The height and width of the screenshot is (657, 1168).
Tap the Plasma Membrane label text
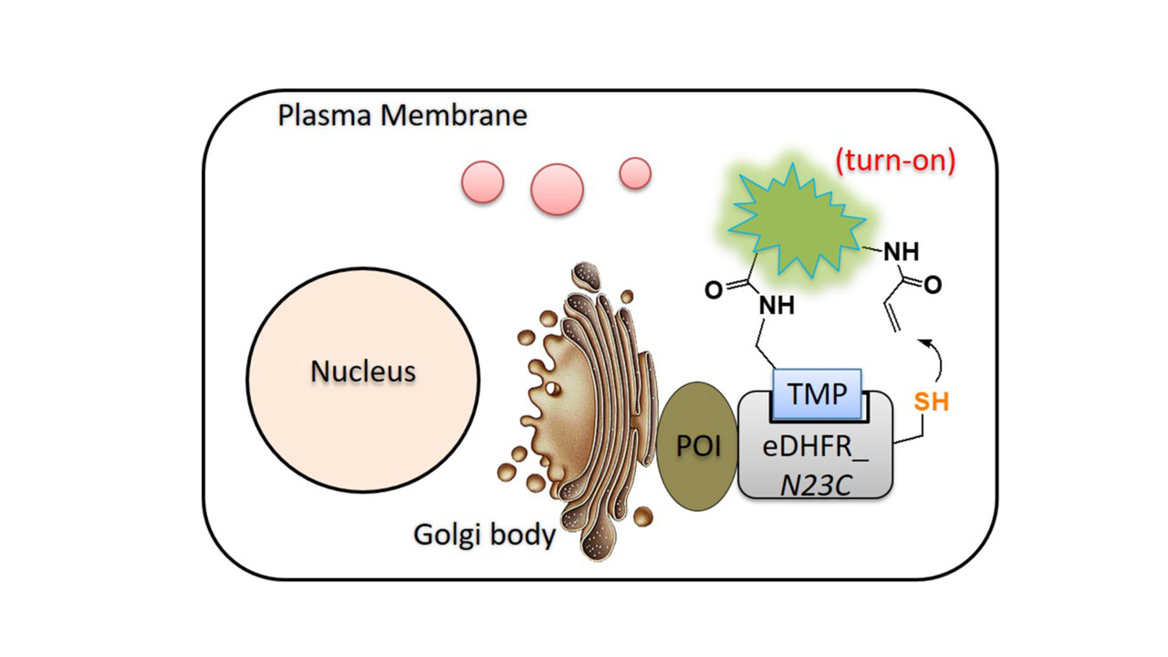[x=402, y=118]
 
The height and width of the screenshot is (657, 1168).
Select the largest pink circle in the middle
[x=557, y=189]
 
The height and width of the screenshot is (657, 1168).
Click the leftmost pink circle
[x=481, y=181]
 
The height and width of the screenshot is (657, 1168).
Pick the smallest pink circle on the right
[x=634, y=172]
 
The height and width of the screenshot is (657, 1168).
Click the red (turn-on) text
[x=894, y=162]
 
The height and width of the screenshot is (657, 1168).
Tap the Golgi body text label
[x=485, y=534]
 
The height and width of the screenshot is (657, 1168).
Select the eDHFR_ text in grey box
[x=817, y=447]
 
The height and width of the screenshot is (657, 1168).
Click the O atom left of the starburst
[x=714, y=291]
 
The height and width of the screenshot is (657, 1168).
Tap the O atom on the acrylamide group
[x=933, y=286]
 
